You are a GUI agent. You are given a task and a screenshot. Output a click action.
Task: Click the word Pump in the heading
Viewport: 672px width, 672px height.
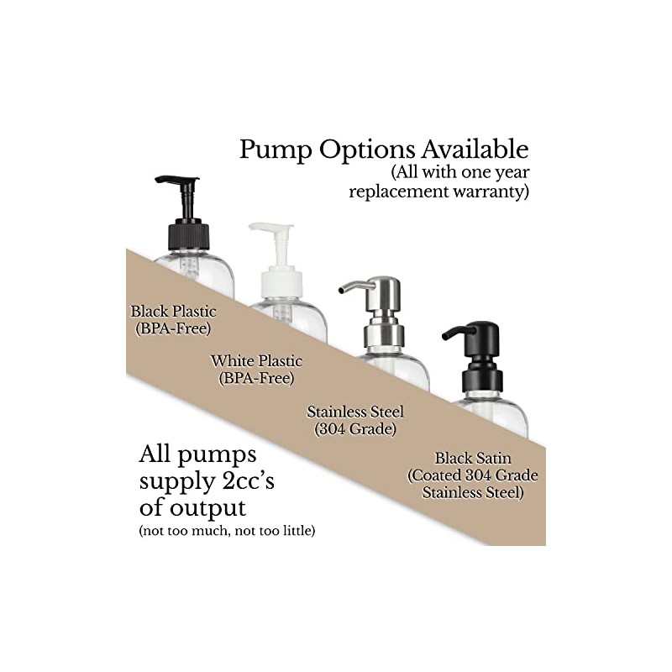(276, 150)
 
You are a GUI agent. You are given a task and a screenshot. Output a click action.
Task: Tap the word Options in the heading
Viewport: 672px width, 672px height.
(367, 150)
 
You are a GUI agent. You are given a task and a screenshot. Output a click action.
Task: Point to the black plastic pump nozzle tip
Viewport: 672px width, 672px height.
(157, 179)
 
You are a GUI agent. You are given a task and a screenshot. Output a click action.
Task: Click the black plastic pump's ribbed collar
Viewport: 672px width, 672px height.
(188, 237)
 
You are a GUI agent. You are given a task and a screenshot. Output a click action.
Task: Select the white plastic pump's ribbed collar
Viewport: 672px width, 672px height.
(281, 283)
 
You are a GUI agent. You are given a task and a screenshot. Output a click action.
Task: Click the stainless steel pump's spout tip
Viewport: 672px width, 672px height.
(341, 291)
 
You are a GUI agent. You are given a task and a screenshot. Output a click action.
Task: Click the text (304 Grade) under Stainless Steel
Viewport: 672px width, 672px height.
(355, 429)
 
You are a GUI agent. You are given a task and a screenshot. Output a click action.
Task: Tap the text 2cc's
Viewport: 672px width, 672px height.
(249, 480)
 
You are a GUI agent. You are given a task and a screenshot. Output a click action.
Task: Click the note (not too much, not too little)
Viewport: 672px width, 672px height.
(227, 531)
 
